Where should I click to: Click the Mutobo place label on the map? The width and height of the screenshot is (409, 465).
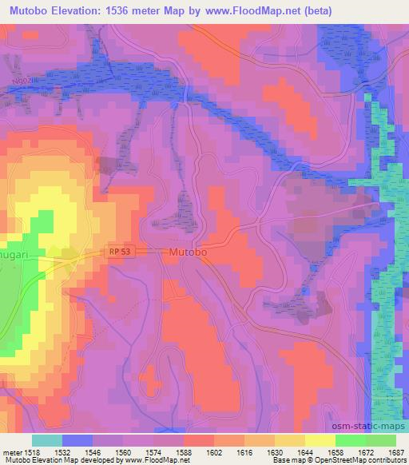(x=189, y=252)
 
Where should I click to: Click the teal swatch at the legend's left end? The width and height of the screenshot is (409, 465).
(x=46, y=440)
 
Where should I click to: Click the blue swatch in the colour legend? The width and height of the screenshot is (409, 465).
(x=77, y=440)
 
